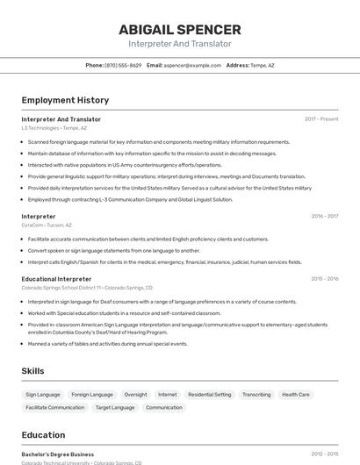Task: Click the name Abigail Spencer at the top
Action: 180,30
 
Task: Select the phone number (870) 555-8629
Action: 123,65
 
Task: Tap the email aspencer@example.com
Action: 192,65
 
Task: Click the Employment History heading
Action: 65,100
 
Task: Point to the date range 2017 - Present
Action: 321,119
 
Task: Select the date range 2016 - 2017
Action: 324,216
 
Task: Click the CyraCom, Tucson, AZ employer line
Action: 47,225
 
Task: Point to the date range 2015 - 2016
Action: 324,279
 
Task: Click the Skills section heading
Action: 32,371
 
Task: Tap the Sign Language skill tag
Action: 43,395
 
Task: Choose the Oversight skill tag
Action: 135,395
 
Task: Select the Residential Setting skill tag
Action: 210,395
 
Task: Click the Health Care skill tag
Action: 296,395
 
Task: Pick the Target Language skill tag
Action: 115,407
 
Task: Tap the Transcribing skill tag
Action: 256,395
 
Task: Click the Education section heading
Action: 43,435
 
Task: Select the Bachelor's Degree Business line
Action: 58,454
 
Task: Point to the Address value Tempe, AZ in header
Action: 263,65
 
